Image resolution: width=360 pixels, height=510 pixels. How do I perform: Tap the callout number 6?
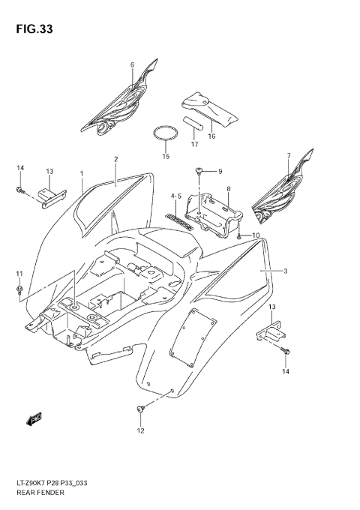(133, 65)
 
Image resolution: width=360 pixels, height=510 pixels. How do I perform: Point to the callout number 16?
(211, 136)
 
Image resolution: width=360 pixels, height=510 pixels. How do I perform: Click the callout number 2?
(116, 159)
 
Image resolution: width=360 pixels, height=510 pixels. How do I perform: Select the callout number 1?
(81, 174)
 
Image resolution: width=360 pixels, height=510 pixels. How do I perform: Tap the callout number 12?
(139, 430)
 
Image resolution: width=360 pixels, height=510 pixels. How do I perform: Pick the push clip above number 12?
(140, 409)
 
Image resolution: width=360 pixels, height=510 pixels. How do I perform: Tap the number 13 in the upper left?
(49, 171)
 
